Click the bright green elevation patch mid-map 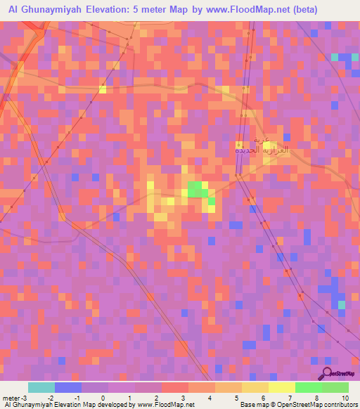coord(198,189)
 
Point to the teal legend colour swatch coord(41,387)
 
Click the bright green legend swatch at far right coord(335,387)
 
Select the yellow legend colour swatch coord(255,387)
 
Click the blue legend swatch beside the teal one coord(68,387)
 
